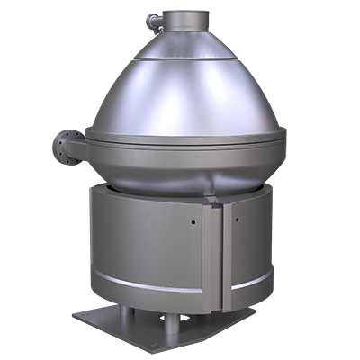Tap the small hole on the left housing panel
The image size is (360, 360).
(x=192, y=219)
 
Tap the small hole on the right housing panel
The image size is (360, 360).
(x=237, y=219)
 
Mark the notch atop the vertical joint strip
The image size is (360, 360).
(x=215, y=200)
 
